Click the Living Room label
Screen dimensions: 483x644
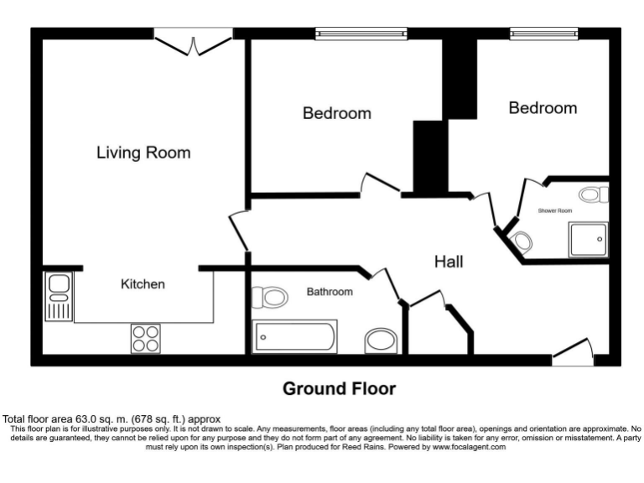pyautogui.click(x=143, y=153)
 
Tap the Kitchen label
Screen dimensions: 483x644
pyautogui.click(x=143, y=284)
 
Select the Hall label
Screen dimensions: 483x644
pyautogui.click(x=449, y=262)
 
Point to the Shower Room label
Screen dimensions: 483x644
pyautogui.click(x=555, y=210)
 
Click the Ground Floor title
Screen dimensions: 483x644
pyautogui.click(x=339, y=389)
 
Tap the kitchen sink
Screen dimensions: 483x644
pyautogui.click(x=59, y=297)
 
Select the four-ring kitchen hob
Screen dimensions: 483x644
pyautogui.click(x=145, y=338)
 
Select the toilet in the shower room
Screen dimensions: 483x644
pyautogui.click(x=594, y=196)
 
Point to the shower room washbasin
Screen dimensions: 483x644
pyautogui.click(x=522, y=243)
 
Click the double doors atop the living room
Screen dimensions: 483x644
pyautogui.click(x=193, y=42)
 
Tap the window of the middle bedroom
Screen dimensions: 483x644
pyautogui.click(x=361, y=34)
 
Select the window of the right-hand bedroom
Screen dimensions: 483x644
pyautogui.click(x=543, y=34)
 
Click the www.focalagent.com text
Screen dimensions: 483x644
pyautogui.click(x=469, y=448)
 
